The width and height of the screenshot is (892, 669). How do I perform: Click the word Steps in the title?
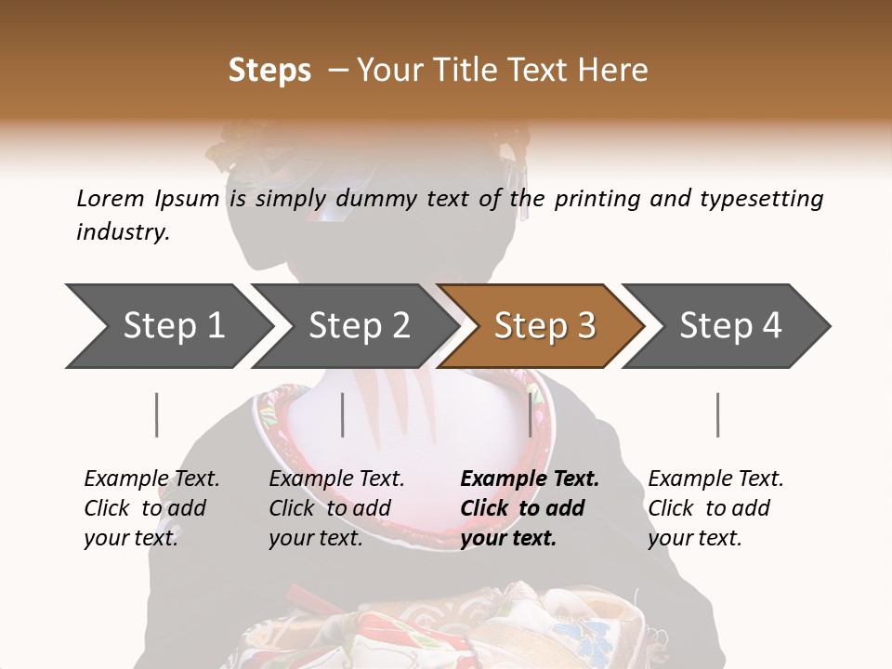269,71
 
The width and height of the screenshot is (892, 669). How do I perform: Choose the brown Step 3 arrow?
544,326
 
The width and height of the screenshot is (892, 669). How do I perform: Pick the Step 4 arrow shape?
730,326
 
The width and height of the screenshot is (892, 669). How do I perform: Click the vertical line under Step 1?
156,414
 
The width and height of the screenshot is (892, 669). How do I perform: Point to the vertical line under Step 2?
343,414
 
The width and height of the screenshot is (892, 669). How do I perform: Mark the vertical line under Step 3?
530,414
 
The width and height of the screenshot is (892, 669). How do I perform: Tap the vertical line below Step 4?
717,414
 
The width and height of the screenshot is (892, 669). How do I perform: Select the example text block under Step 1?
151,508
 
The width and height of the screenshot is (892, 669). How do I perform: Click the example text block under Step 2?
336,508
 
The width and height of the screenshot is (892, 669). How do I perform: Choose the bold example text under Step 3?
530,508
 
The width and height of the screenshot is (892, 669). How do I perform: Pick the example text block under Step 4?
715,508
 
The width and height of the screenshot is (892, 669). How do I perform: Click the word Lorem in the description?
111,198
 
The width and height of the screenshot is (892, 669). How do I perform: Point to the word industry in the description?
123,232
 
